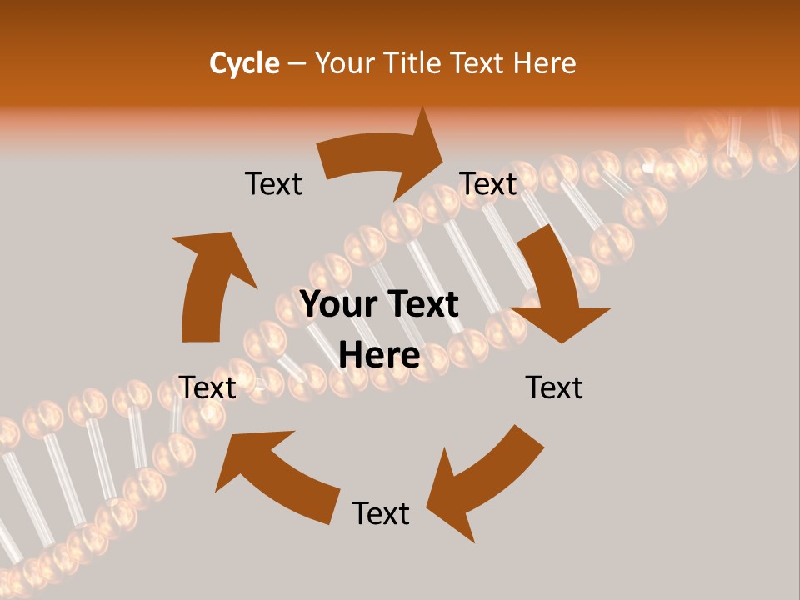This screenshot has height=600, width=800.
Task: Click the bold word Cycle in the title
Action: coord(244,63)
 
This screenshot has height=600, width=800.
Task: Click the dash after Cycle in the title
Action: coord(297,63)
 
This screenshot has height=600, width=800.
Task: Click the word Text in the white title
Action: coord(480,63)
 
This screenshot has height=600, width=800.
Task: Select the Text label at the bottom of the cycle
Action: coord(381,513)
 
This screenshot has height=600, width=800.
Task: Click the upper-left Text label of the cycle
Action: coord(273,183)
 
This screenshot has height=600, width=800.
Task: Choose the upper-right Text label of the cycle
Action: coord(489,183)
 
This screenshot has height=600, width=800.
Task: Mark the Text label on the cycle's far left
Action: coord(208,387)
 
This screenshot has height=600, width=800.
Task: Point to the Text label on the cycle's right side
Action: coord(554,387)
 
